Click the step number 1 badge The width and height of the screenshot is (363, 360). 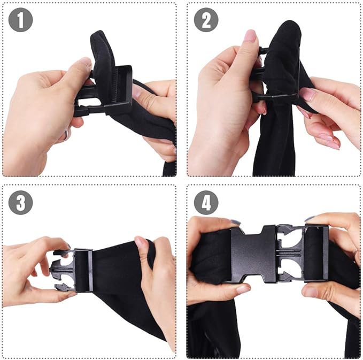pyautogui.click(x=21, y=21)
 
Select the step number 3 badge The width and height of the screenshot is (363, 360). pyautogui.click(x=21, y=203)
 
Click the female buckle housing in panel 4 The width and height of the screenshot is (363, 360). pyautogui.click(x=253, y=254)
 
